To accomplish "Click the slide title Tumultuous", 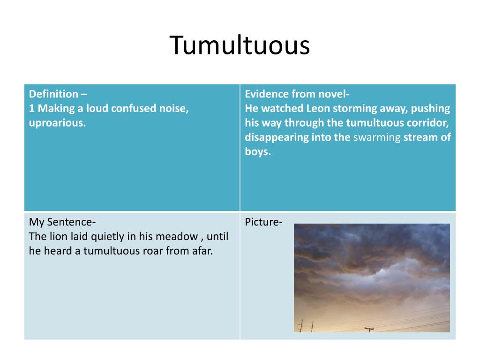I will (240, 45).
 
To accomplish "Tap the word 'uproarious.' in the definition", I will (57, 123).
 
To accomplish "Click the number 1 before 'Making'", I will (32, 108).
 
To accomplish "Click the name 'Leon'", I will (318, 108).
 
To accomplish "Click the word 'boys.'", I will (258, 152).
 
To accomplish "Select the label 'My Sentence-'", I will (62, 222).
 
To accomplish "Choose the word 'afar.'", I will (201, 251).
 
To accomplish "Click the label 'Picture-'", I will (263, 222).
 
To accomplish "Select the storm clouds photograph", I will (372, 277).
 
